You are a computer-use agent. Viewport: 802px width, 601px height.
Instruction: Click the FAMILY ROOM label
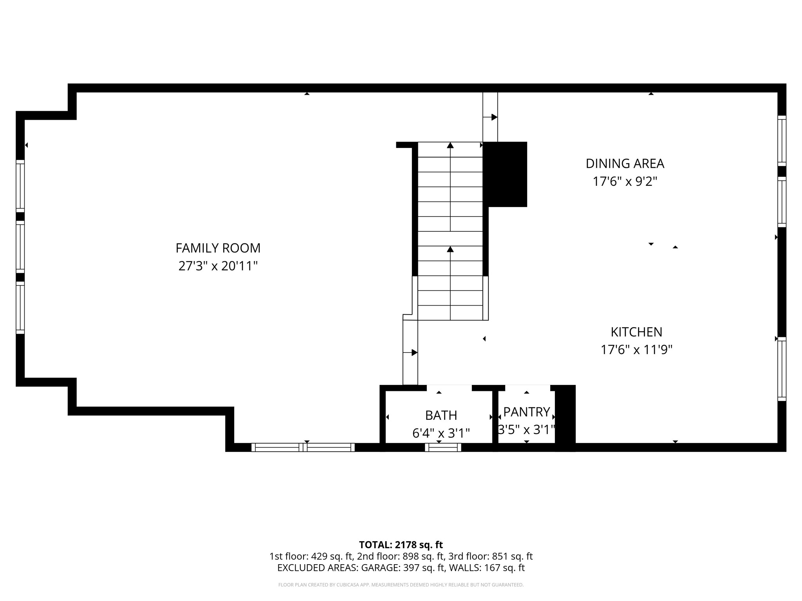218,248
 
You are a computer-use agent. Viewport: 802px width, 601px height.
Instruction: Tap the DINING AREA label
625,164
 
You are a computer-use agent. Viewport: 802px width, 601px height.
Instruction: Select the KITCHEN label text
636,332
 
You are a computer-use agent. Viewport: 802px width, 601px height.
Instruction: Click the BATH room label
441,415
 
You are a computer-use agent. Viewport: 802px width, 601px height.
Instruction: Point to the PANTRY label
526,412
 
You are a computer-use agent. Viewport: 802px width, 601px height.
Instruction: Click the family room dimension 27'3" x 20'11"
218,266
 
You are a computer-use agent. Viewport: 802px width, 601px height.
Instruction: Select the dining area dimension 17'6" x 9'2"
625,182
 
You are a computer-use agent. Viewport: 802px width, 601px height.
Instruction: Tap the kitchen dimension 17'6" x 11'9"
636,349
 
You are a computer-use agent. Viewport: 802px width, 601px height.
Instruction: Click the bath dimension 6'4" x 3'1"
441,433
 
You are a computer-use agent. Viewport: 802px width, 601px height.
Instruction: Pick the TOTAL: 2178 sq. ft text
401,545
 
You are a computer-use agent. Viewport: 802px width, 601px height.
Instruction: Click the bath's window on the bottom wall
443,447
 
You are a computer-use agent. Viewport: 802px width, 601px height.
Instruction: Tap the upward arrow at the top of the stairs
450,146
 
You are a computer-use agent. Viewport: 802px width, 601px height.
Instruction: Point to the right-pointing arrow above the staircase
494,117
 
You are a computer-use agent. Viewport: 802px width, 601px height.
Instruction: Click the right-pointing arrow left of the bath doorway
414,353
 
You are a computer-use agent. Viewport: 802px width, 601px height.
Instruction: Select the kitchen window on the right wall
782,369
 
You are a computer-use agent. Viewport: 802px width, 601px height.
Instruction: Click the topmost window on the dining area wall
782,140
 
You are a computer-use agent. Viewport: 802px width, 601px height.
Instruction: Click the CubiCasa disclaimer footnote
401,585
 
